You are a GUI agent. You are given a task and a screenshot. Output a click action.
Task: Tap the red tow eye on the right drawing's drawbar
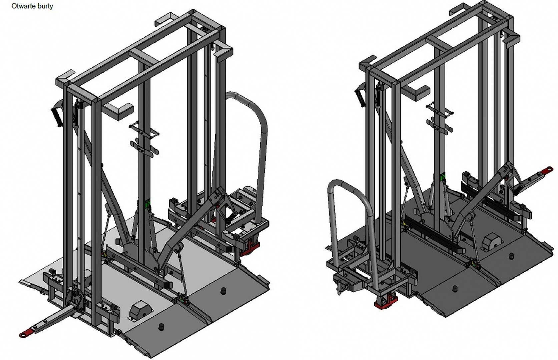tap(548, 170)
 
